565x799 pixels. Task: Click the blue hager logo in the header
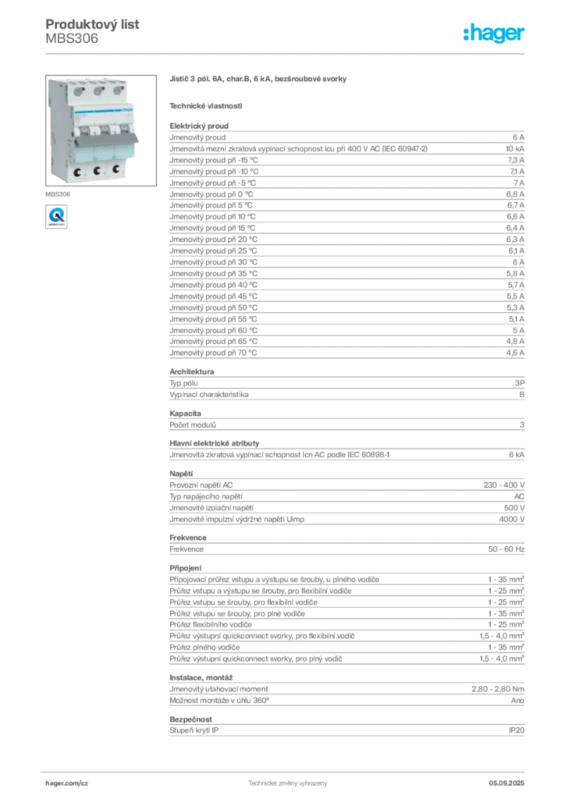496,34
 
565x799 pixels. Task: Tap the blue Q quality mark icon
55,215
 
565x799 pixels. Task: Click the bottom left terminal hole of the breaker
77,172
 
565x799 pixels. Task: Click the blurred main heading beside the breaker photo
258,79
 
